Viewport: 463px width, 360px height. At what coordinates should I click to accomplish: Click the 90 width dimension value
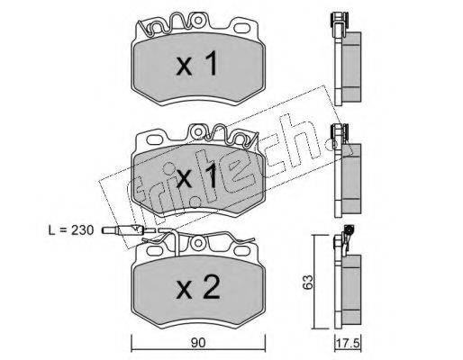tap(197, 342)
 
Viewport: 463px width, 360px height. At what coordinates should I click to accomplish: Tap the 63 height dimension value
tap(308, 283)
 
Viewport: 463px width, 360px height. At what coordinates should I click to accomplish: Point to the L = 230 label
tap(71, 230)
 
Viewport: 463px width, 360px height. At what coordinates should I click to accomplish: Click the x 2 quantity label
tap(198, 287)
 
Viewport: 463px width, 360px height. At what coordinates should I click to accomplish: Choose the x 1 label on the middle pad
tap(196, 177)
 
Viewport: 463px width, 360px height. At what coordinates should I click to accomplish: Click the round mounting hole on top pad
tap(198, 20)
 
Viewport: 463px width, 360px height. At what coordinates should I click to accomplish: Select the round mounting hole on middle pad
tap(198, 131)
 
